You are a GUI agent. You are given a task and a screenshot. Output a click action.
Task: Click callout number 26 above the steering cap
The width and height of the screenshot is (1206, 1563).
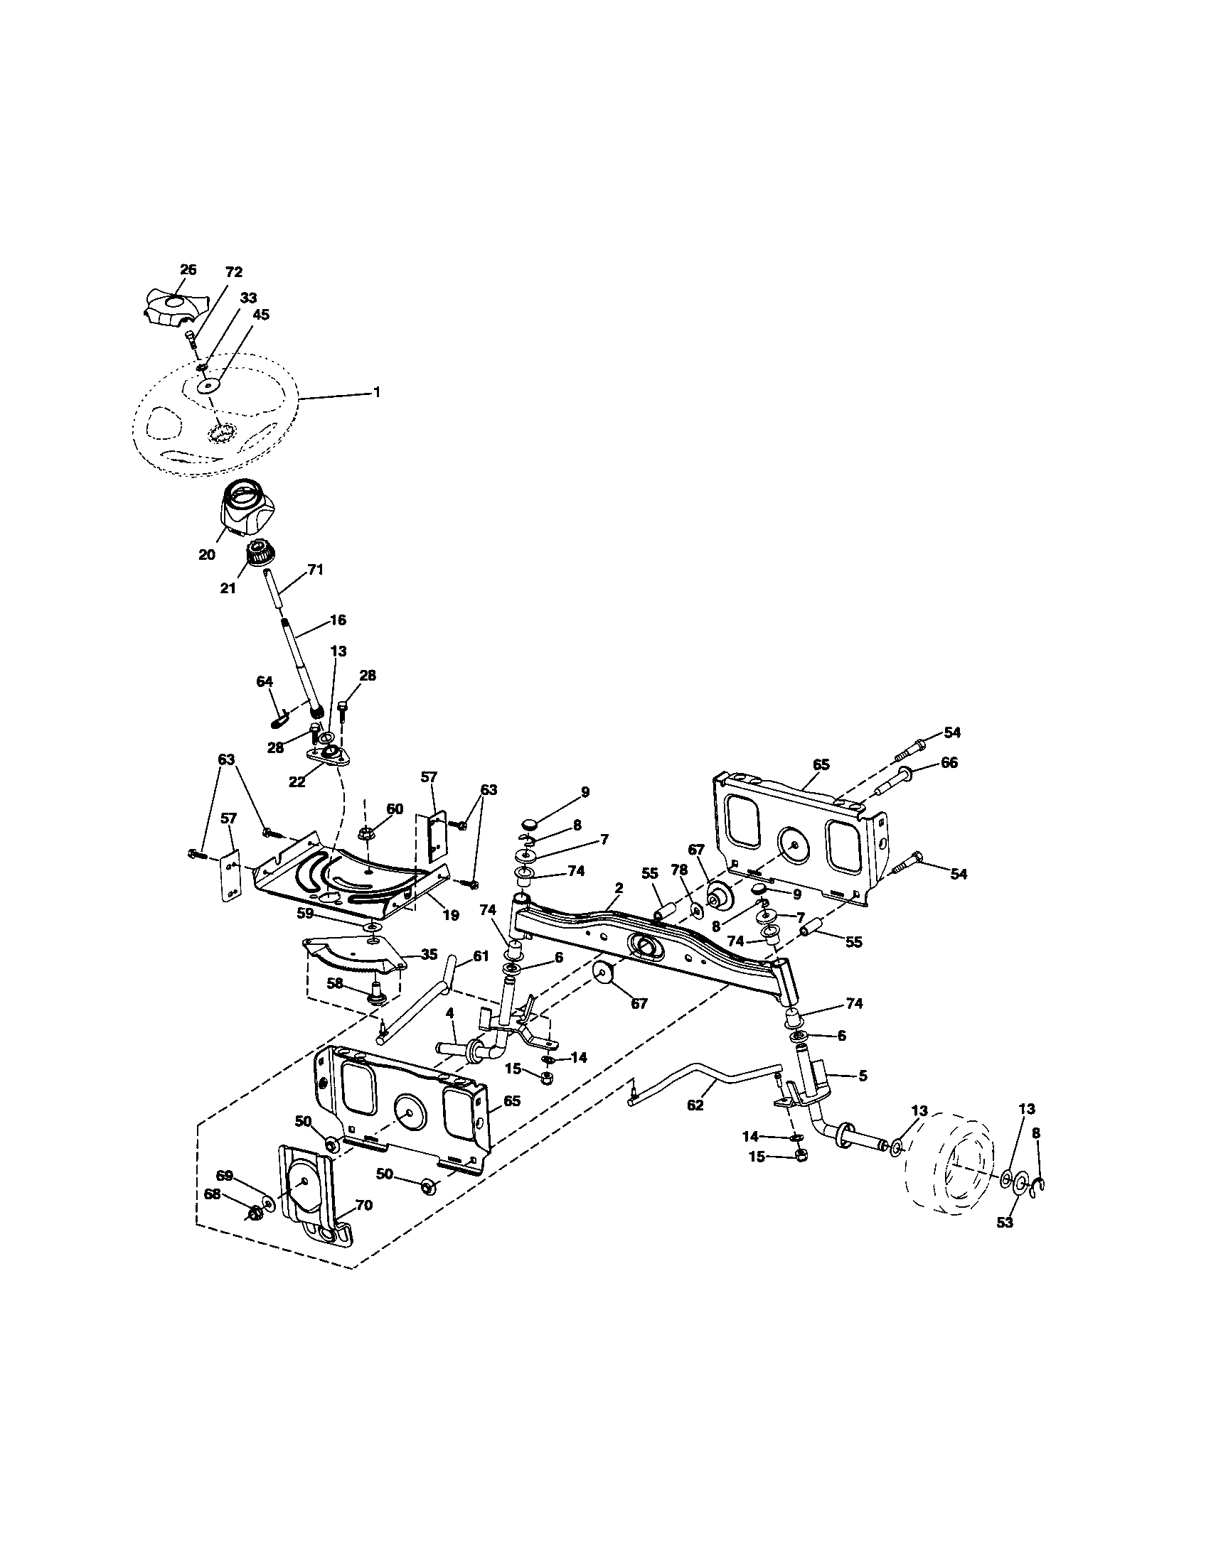188,270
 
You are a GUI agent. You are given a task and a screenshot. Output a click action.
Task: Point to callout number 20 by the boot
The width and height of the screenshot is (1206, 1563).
206,554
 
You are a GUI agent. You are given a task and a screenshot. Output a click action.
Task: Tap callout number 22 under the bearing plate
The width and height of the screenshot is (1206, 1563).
297,782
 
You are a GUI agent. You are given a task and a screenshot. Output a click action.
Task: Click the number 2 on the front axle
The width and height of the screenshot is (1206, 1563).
619,887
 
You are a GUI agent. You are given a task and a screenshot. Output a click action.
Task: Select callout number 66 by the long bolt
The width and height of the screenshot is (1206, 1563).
949,763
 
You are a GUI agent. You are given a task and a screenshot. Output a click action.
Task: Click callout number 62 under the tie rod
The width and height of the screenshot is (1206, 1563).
695,1104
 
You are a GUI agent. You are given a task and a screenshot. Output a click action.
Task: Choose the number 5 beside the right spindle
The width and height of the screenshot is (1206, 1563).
863,1075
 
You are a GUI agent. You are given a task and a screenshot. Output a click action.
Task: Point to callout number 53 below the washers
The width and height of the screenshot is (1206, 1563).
1005,1223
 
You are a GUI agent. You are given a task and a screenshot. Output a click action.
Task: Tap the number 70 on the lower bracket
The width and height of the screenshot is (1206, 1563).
363,1205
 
